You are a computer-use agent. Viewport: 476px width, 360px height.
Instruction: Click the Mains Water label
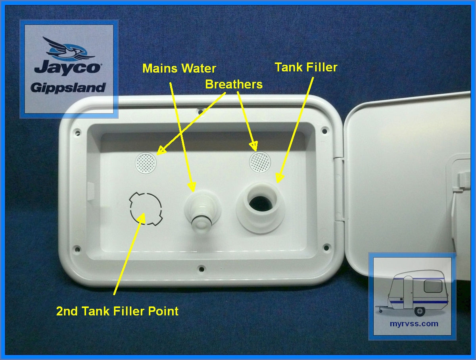(179, 68)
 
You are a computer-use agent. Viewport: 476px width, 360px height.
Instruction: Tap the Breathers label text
(234, 84)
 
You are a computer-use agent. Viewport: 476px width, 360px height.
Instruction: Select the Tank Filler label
(306, 67)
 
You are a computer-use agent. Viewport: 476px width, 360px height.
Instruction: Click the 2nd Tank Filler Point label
(117, 311)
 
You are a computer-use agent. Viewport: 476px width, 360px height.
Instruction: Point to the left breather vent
(146, 163)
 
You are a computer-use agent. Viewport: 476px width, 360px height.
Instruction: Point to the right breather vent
(259, 162)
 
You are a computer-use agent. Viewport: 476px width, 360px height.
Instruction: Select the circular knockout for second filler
(146, 208)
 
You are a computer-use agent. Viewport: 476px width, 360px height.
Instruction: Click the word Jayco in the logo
(67, 67)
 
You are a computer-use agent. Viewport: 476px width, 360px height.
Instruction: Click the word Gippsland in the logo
(68, 87)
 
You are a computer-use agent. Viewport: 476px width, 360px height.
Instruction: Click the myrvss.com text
(414, 323)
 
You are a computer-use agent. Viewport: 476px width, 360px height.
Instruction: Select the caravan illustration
(413, 292)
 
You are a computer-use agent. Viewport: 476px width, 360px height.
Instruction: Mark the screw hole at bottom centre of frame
(202, 269)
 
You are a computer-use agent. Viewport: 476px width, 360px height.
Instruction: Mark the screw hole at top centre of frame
(201, 107)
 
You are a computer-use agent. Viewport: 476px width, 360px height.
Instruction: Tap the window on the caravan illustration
(432, 286)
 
